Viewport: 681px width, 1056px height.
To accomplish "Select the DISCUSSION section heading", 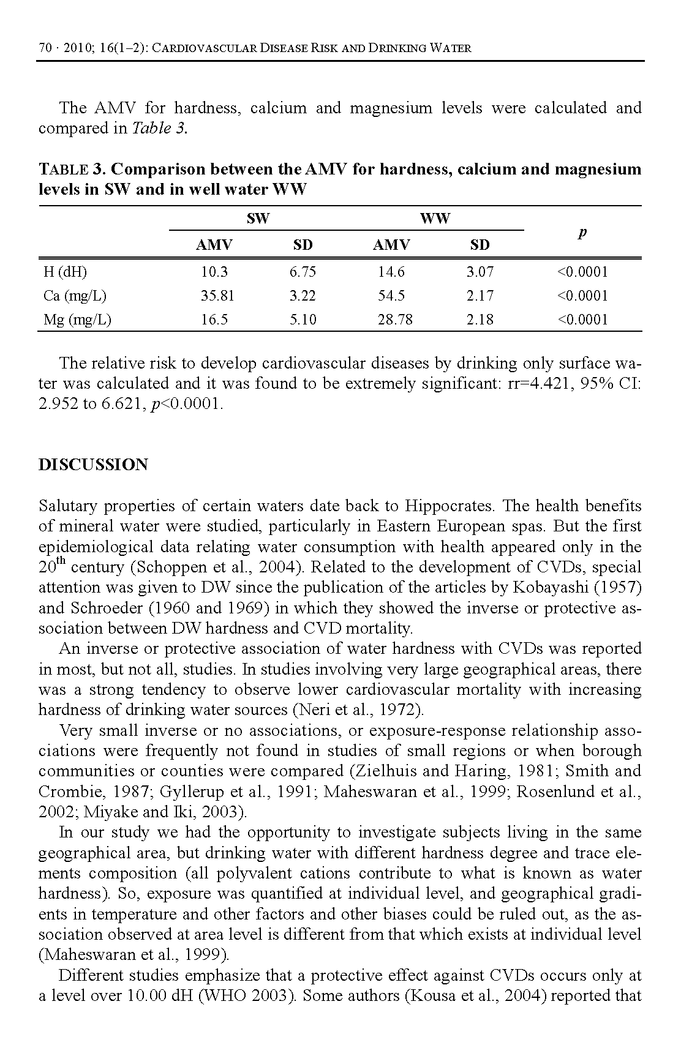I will point(93,465).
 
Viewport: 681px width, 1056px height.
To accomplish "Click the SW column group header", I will point(258,219).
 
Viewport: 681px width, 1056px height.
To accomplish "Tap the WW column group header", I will point(435,219).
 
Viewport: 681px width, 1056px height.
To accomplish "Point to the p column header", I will point(582,232).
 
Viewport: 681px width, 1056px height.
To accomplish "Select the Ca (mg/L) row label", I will point(75,296).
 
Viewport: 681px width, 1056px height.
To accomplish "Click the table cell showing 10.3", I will point(214,272).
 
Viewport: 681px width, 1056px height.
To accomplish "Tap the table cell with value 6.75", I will point(303,272).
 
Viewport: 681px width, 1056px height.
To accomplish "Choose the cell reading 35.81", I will point(217,296).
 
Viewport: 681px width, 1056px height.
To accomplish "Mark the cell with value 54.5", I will point(391,296).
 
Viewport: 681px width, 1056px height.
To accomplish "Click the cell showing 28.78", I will point(395,320).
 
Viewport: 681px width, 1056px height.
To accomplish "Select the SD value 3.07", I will point(480,272).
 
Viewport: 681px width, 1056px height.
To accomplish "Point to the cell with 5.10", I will point(303,320).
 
